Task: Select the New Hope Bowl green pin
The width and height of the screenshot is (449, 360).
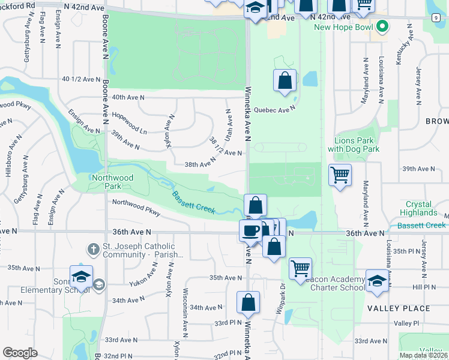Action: point(381,26)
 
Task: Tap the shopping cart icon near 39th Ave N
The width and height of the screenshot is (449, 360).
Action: point(340,175)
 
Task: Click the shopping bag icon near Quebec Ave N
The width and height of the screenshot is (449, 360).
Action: point(285,80)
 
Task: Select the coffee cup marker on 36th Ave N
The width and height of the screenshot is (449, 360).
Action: point(250,229)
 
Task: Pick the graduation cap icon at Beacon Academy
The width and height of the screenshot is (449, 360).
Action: point(377,281)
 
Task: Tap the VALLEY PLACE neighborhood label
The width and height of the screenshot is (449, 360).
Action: point(399,308)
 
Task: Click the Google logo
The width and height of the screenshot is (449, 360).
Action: point(20,353)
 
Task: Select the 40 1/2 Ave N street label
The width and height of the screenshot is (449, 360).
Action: point(80,79)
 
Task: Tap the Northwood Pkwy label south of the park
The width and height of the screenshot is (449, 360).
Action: point(136,207)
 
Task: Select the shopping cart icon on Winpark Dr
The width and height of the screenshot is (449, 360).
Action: point(300,268)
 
